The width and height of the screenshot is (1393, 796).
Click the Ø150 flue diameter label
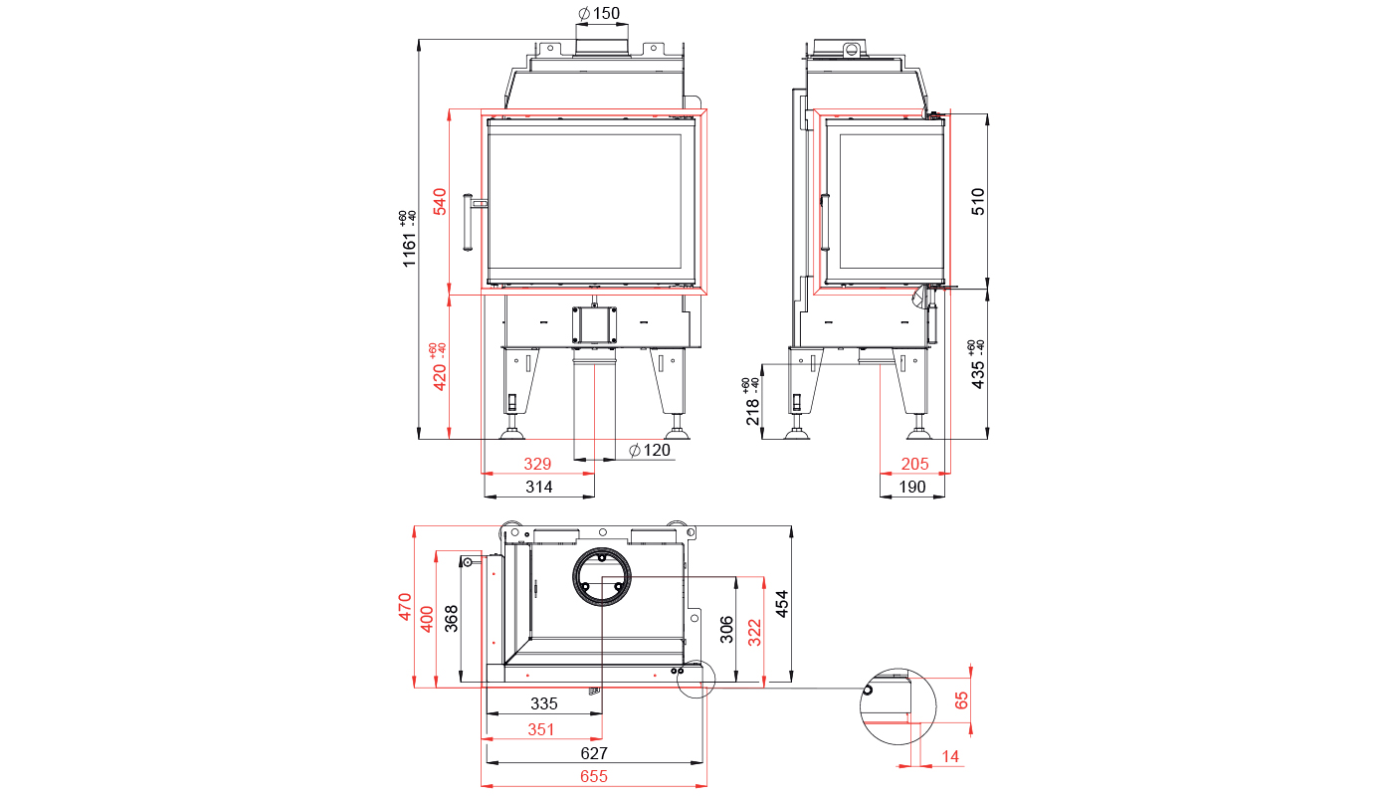click(599, 13)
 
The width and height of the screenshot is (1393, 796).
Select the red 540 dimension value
click(440, 201)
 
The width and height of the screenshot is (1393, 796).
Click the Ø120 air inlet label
click(649, 450)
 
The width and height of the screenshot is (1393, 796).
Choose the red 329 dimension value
click(537, 464)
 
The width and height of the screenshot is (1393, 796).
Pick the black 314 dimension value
click(538, 487)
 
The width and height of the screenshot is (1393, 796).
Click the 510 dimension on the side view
click(977, 201)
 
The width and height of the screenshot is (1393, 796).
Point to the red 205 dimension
click(914, 464)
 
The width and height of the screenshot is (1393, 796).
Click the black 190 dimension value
click(912, 487)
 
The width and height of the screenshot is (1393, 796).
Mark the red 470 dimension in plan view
click(405, 607)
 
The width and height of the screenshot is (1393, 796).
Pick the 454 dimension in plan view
click(782, 604)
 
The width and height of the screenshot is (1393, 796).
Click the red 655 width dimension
click(594, 777)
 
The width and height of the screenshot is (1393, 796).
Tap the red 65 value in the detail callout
click(961, 700)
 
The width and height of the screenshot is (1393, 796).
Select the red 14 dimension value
click(950, 757)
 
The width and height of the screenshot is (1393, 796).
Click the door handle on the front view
click(469, 222)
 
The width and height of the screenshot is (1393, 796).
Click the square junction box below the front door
click(595, 324)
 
